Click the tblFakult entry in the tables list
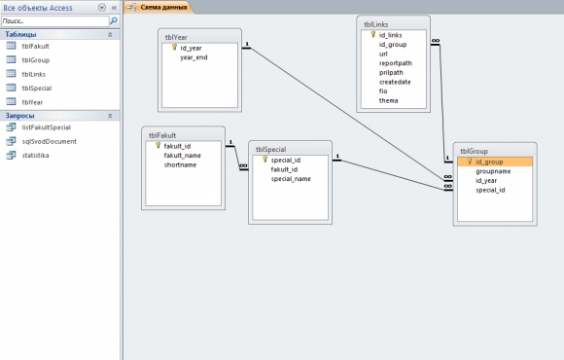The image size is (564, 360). (35, 46)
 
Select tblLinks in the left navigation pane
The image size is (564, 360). (33, 74)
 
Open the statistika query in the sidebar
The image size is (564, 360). (35, 155)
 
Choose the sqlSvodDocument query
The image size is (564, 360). (49, 141)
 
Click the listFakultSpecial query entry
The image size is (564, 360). (46, 127)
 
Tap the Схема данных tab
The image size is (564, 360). (163, 7)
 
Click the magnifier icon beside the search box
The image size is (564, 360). (114, 20)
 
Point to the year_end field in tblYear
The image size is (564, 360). (194, 57)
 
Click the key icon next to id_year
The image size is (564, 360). (174, 47)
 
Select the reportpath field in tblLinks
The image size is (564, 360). (396, 63)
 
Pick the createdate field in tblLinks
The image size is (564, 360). (395, 82)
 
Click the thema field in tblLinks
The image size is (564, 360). (388, 100)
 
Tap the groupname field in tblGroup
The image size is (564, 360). (493, 171)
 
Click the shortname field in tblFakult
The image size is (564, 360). (180, 164)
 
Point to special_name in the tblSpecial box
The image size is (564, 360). (291, 179)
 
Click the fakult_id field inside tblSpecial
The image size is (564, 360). (284, 169)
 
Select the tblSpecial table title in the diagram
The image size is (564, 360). (271, 150)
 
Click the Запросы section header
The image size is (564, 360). (19, 116)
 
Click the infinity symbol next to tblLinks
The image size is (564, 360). (436, 41)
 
